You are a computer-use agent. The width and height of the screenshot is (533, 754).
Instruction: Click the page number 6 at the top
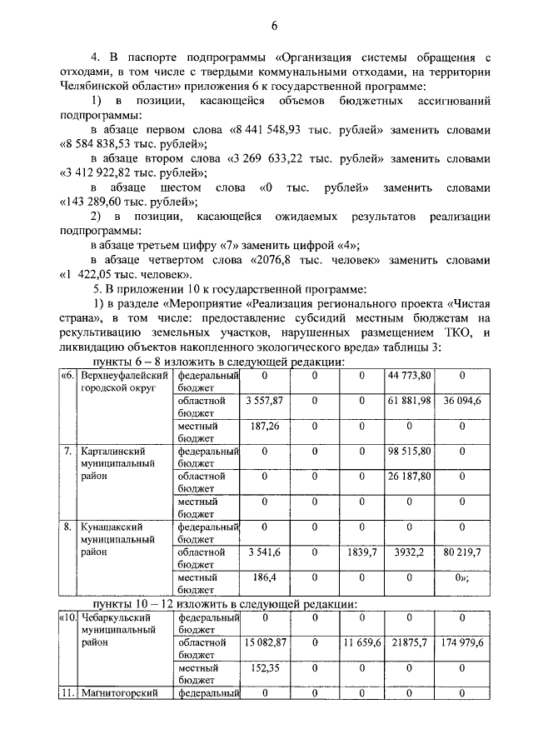pyautogui.click(x=272, y=27)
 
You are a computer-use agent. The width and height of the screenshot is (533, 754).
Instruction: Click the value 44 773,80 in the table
pyautogui.click(x=409, y=377)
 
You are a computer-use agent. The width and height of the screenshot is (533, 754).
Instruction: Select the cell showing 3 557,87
pyautogui.click(x=266, y=402)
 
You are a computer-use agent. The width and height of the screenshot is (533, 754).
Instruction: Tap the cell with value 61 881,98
pyautogui.click(x=409, y=402)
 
